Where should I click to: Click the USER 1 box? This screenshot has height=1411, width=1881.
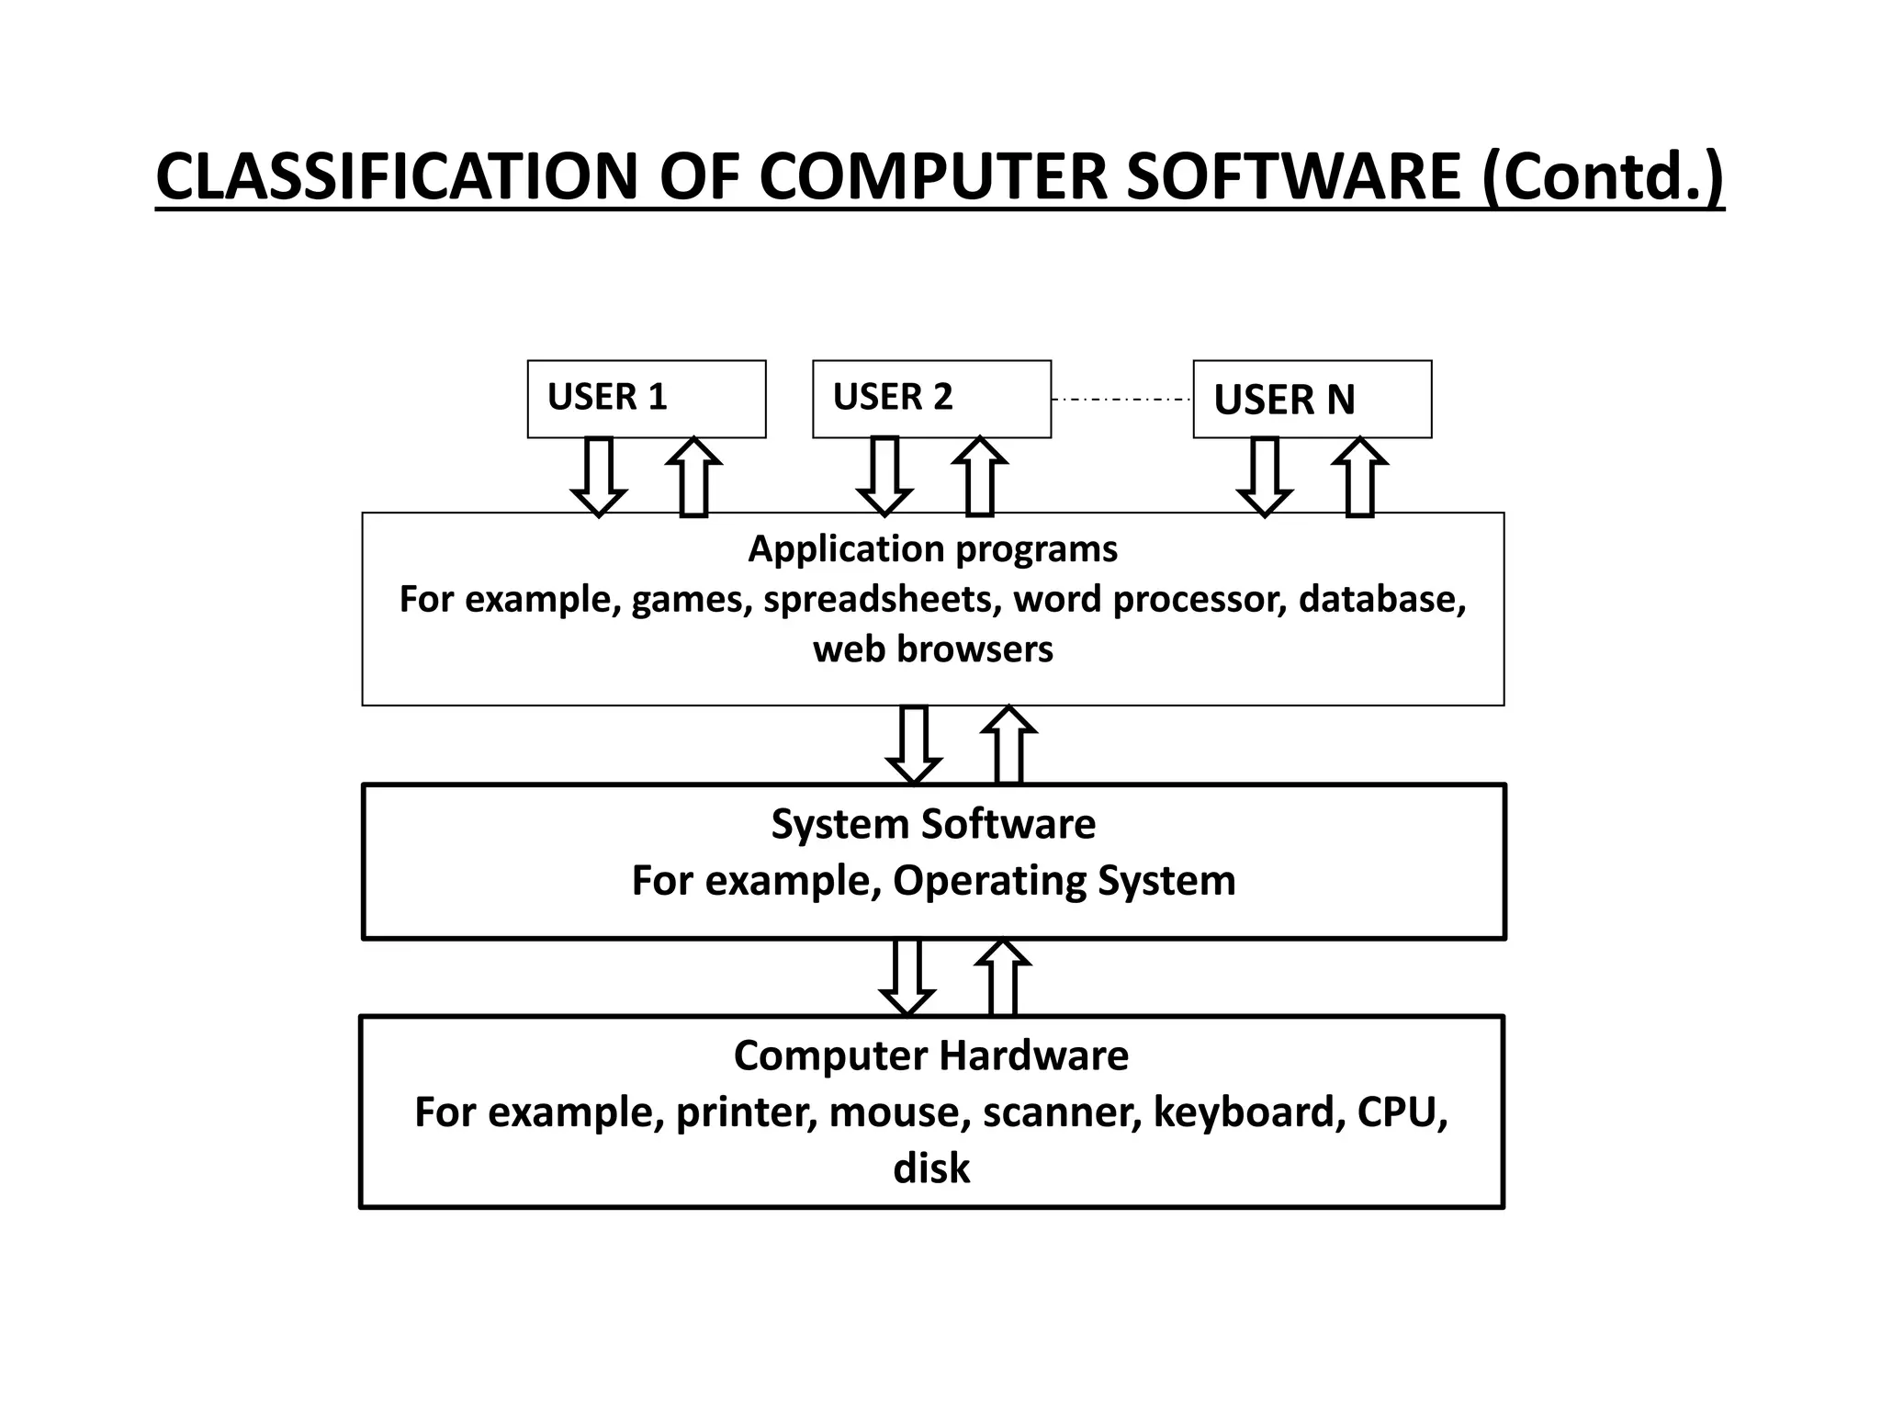click(646, 399)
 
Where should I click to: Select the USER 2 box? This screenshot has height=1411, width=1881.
click(931, 399)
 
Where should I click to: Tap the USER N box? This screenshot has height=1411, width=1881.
click(1312, 399)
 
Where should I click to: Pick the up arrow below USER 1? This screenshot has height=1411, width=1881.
click(693, 477)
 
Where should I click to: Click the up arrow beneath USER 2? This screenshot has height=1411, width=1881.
click(979, 477)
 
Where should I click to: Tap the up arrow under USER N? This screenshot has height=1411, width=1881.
click(1359, 477)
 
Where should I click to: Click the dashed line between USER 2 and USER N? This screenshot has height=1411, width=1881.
click(1121, 400)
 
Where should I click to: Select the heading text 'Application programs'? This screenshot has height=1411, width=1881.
click(932, 549)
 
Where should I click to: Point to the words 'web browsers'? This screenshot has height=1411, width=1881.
click(932, 649)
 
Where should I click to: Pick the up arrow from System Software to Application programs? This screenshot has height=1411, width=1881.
click(1008, 745)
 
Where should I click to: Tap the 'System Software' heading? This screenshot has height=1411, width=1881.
click(932, 824)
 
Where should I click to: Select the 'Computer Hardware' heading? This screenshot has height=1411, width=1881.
click(930, 1055)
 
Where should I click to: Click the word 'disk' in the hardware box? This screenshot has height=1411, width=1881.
click(931, 1168)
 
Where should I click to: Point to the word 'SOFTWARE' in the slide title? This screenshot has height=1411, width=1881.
click(1292, 176)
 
